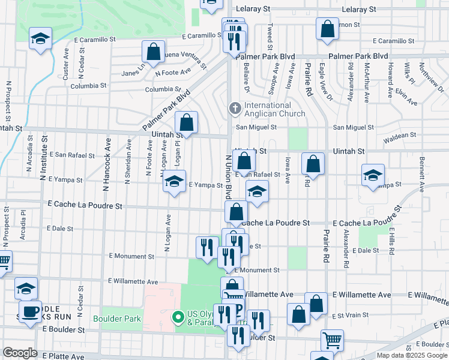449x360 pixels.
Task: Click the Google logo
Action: pyautogui.click(x=20, y=353)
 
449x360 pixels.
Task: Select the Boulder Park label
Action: pyautogui.click(x=116, y=317)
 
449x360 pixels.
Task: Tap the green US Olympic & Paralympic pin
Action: pyautogui.click(x=177, y=317)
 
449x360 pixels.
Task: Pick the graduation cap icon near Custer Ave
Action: pyautogui.click(x=41, y=39)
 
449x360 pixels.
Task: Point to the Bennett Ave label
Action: pyautogui.click(x=422, y=174)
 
